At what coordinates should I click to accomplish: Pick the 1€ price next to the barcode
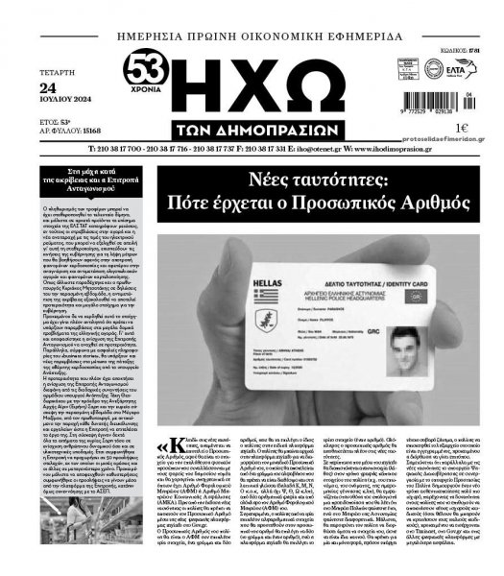coord(462,126)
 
